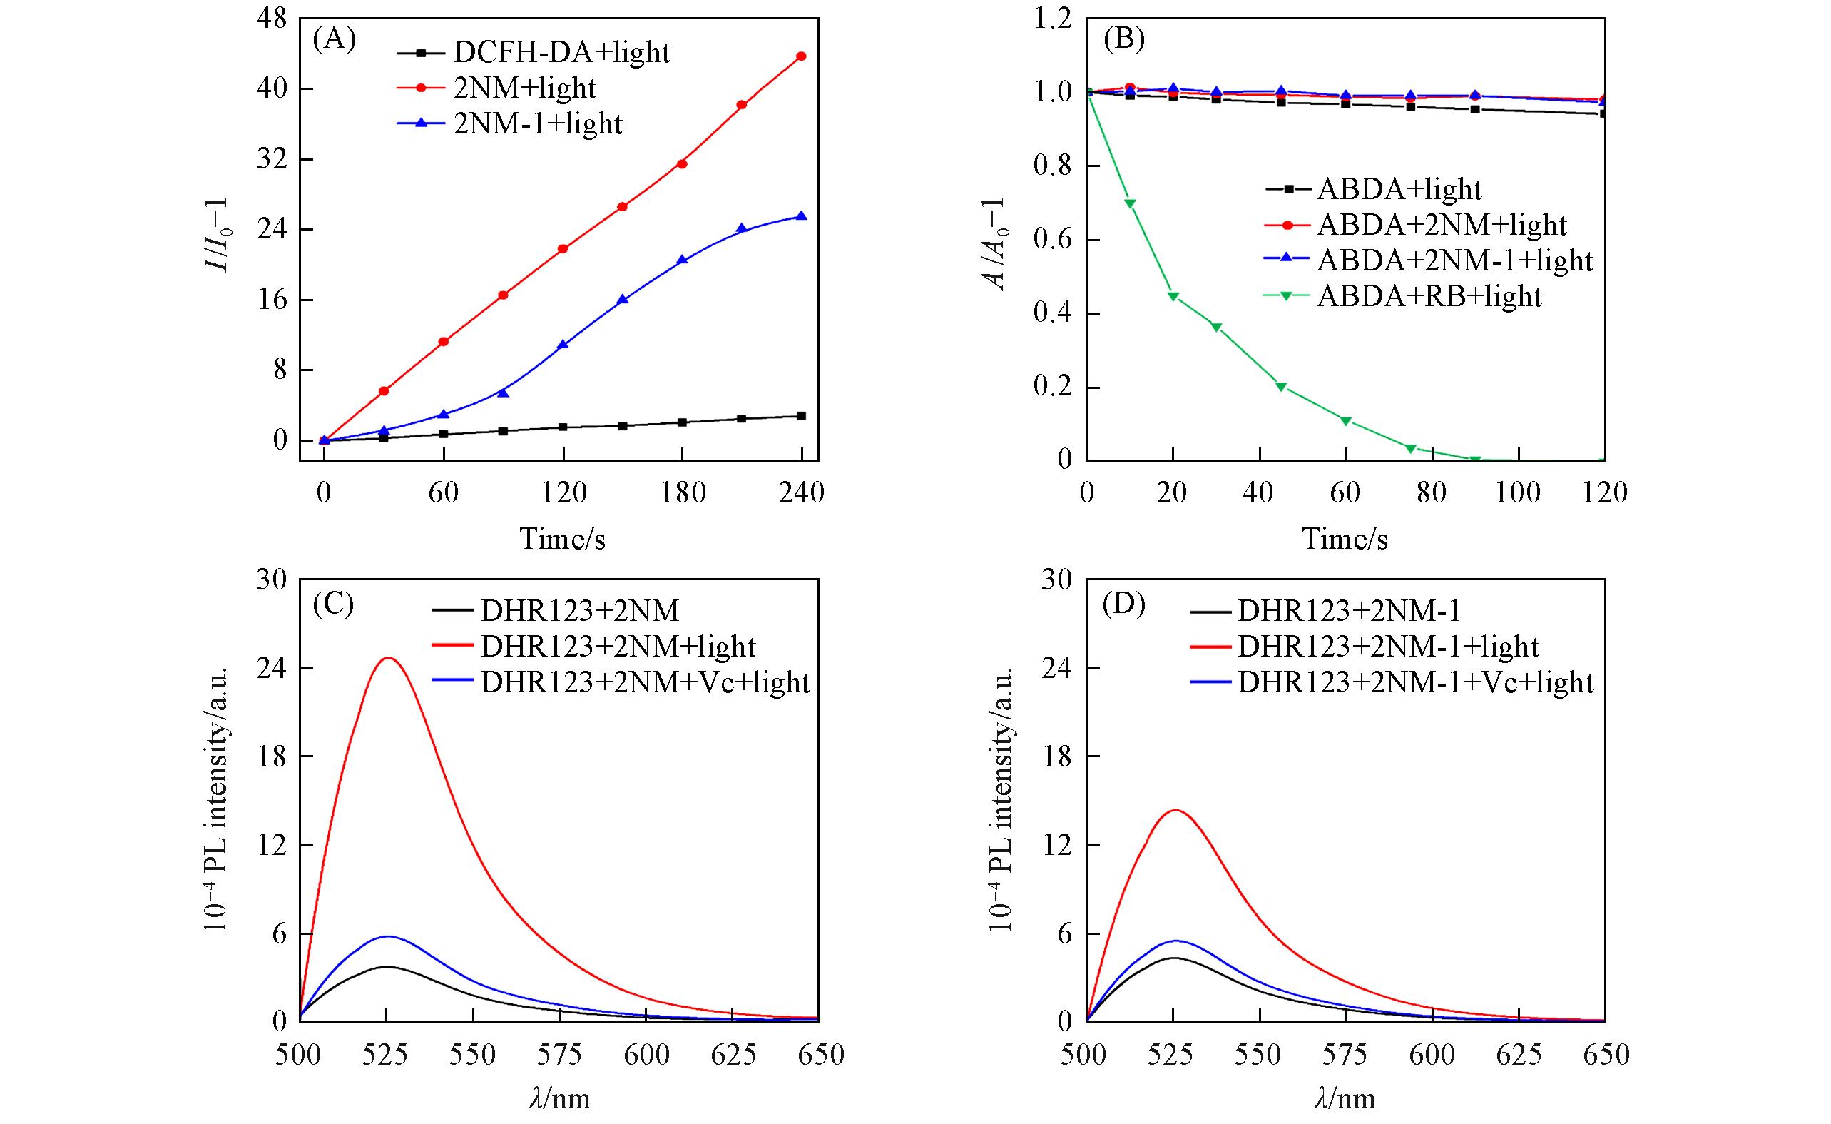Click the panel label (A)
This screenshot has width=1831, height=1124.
click(x=334, y=39)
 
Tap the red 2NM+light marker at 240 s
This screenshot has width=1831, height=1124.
click(x=801, y=56)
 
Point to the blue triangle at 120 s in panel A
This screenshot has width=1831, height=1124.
click(x=563, y=345)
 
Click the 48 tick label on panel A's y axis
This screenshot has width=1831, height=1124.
click(x=270, y=19)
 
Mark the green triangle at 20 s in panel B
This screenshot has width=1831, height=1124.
click(x=1173, y=297)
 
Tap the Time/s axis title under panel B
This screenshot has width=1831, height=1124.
click(x=1345, y=538)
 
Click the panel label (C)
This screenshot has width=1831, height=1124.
click(x=333, y=603)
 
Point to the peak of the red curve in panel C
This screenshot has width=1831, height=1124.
click(x=388, y=658)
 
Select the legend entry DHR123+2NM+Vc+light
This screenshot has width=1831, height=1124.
click(x=645, y=682)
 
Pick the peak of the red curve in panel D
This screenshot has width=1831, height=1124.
click(x=1175, y=810)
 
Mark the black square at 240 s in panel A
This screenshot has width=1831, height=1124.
click(x=801, y=416)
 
